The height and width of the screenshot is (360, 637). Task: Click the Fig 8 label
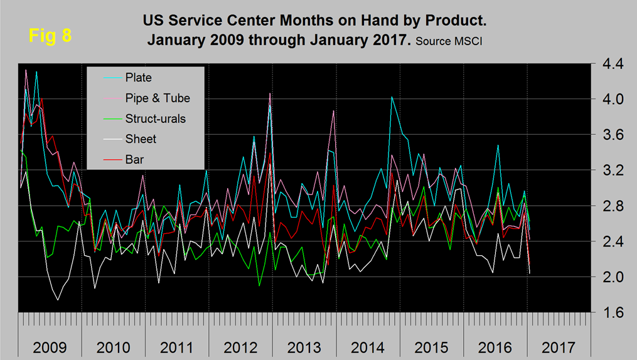[x=50, y=35]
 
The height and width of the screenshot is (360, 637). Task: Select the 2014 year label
[x=368, y=347]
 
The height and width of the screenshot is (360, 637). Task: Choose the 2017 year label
[x=559, y=347]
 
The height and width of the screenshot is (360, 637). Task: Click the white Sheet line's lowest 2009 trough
[x=58, y=300]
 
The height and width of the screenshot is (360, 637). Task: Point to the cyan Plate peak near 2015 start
[x=392, y=97]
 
